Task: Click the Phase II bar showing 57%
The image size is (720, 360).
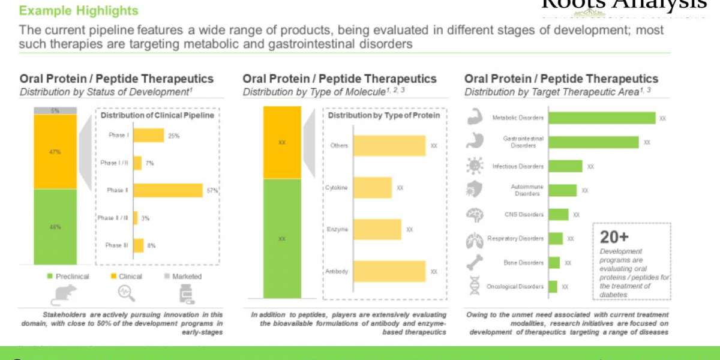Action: click(167, 190)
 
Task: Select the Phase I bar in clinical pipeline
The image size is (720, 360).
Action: click(148, 136)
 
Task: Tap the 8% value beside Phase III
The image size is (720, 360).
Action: click(152, 245)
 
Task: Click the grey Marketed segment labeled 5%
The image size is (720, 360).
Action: click(55, 110)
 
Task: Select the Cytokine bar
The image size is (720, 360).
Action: click(372, 188)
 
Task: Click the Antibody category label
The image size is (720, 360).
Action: click(337, 272)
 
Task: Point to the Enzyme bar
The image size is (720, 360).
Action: click(377, 229)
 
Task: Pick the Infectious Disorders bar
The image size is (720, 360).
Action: click(565, 166)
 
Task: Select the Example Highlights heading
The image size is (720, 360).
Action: click(79, 11)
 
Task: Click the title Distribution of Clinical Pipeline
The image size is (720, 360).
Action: click(157, 115)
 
